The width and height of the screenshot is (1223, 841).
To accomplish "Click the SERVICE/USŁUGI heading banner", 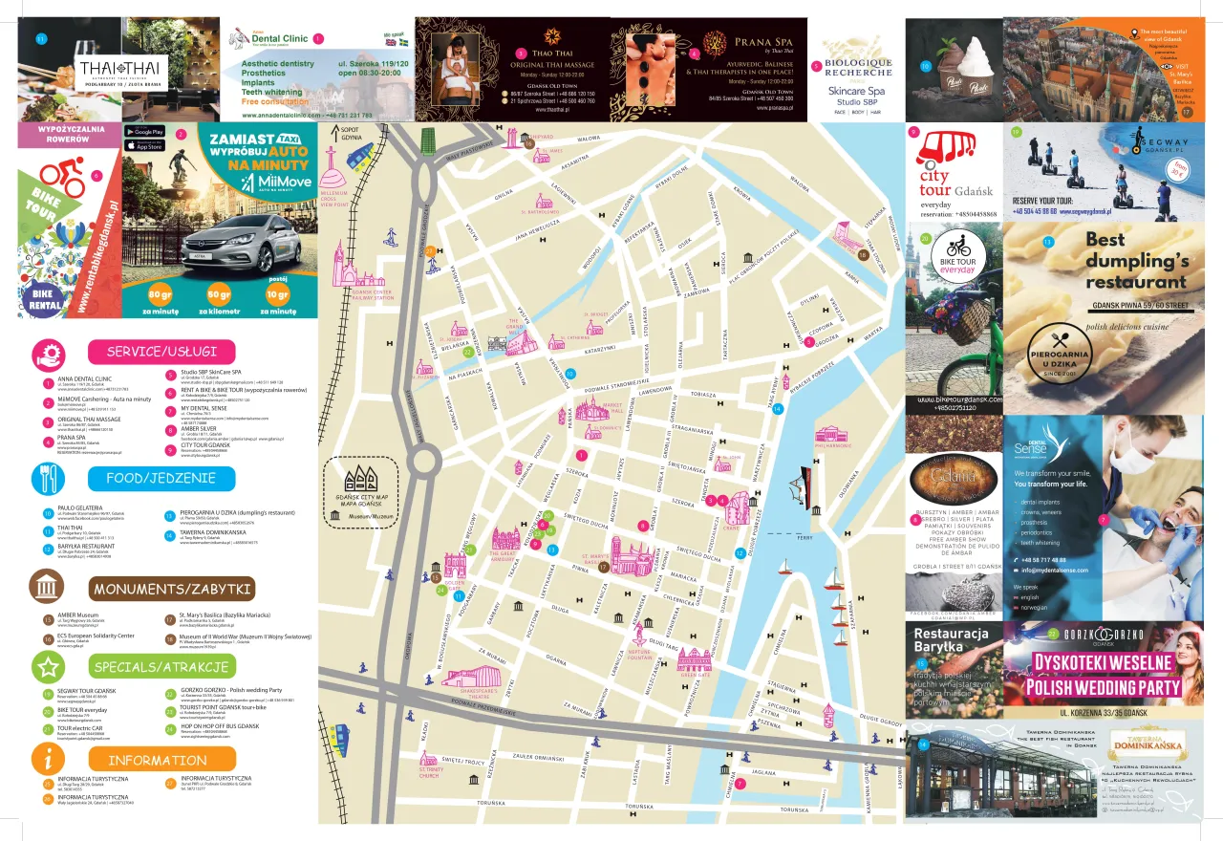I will [161, 352].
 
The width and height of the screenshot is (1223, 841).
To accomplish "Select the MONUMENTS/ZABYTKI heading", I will [173, 589].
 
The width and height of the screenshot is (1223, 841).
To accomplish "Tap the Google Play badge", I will [144, 131].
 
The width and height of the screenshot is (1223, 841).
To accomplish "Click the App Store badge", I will [144, 146].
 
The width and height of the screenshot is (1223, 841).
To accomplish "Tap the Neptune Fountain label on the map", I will [640, 654].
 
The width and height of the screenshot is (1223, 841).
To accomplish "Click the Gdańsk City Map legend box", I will [360, 493].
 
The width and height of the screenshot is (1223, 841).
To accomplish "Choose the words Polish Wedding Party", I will [1105, 687].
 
